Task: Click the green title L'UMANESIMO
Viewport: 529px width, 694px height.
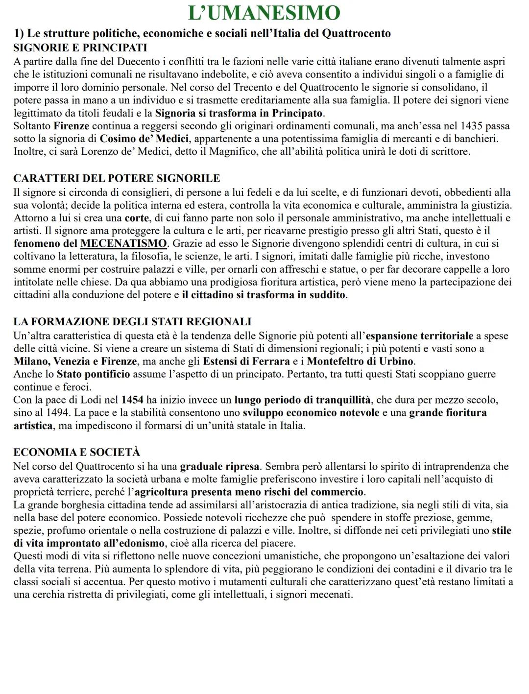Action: [x=264, y=13]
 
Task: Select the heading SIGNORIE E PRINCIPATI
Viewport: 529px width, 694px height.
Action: [x=80, y=48]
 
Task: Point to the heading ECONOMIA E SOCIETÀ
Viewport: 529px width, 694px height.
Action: [x=76, y=452]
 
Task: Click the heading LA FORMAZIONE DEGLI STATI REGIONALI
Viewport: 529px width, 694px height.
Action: [x=132, y=322]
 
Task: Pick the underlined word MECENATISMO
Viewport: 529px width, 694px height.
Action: [x=123, y=243]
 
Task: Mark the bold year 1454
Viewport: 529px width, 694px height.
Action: [x=132, y=400]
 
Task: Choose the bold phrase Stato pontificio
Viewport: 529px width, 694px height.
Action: [x=93, y=374]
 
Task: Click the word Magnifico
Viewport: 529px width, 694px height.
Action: [x=233, y=151]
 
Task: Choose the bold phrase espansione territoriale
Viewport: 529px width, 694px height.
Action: [x=420, y=336]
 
